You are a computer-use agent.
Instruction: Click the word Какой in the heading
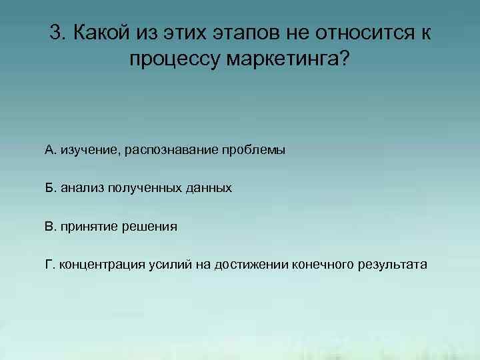pyautogui.click(x=102, y=33)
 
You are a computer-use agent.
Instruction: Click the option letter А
pyautogui.click(x=49, y=150)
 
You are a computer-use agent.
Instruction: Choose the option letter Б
pyautogui.click(x=49, y=188)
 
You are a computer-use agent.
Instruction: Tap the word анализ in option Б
pyautogui.click(x=79, y=188)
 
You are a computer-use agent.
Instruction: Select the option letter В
pyautogui.click(x=49, y=226)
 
